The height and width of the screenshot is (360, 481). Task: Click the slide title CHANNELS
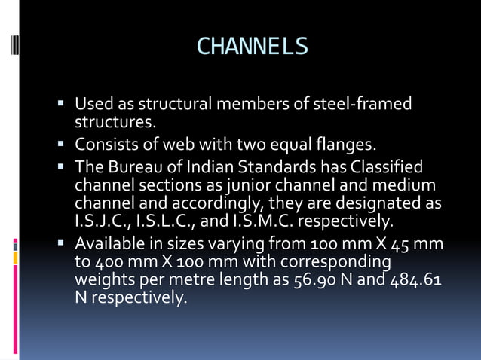pos(252,47)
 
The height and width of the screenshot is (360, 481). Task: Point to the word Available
pos(109,244)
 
